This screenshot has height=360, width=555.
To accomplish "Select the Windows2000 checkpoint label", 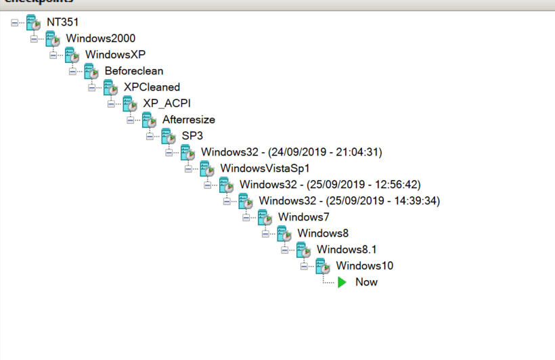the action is (x=96, y=39).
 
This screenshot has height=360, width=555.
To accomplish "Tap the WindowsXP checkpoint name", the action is (x=115, y=55).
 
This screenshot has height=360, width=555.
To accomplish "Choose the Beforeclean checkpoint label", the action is (x=134, y=71).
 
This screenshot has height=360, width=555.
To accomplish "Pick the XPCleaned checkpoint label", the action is (x=152, y=87).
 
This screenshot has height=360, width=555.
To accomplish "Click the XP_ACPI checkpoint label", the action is (x=167, y=104).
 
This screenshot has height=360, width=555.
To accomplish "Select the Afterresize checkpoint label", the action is (x=189, y=120).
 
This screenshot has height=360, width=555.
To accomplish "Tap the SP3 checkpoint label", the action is (x=192, y=136).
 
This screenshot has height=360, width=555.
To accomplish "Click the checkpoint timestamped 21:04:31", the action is (x=292, y=152).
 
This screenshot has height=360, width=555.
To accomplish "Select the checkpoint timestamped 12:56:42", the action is (x=330, y=185).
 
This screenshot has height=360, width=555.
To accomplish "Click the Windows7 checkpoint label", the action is (x=304, y=217).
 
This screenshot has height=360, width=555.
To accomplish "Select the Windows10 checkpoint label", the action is (x=365, y=266).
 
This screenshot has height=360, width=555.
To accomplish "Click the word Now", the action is (x=367, y=282).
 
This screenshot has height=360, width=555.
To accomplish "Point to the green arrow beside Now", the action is (x=342, y=282).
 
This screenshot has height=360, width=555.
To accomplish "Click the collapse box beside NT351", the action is (x=15, y=22).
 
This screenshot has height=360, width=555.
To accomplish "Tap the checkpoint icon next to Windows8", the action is (x=284, y=233).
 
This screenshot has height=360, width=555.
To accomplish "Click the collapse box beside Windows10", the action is (x=305, y=266).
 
